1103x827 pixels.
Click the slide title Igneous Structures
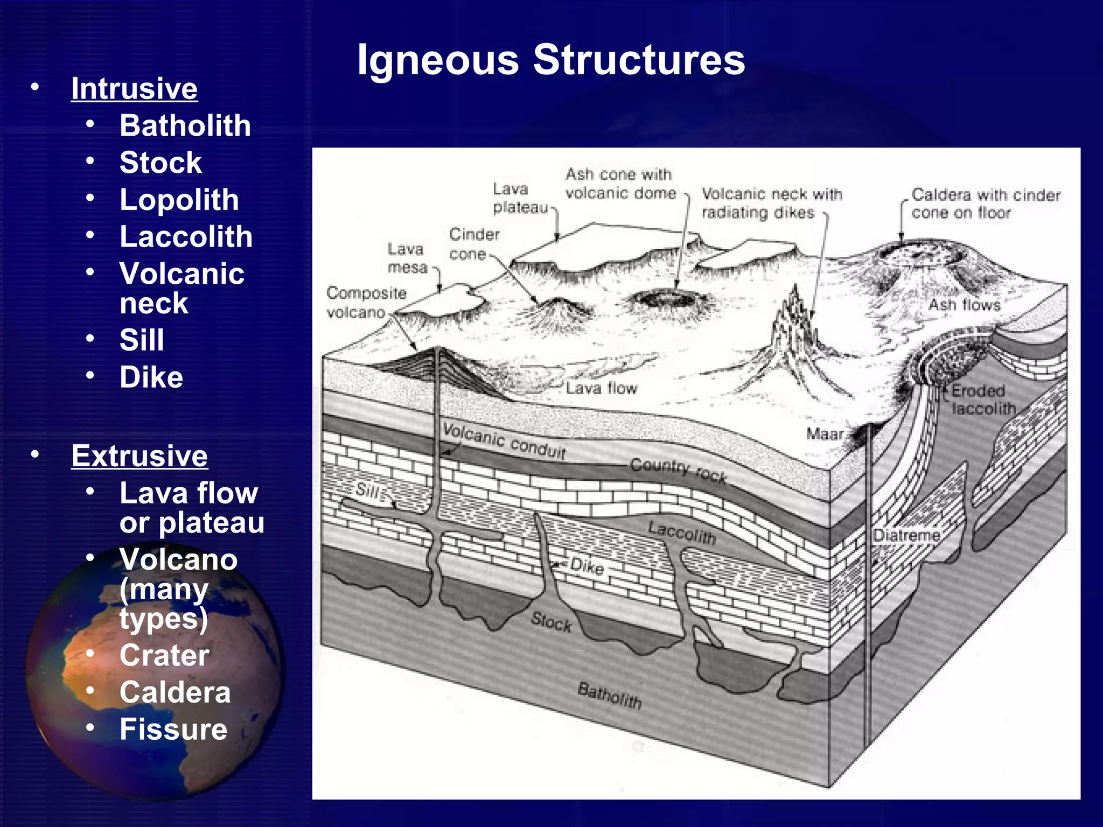(551, 60)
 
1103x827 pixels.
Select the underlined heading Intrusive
(134, 88)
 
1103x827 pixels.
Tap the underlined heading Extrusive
(139, 456)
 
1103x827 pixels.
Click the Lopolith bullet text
(179, 200)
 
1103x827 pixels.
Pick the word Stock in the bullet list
(160, 163)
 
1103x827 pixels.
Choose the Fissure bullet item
(173, 729)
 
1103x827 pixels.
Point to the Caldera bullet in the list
(175, 692)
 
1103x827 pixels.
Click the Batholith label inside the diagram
(609, 695)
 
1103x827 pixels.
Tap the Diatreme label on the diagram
(906, 535)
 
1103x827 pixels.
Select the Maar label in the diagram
(824, 433)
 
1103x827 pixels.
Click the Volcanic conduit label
(504, 441)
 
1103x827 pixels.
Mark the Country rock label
(678, 469)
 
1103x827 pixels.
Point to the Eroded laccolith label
(982, 400)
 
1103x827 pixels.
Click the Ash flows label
(964, 305)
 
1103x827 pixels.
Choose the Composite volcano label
(366, 303)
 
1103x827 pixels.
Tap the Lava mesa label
(407, 258)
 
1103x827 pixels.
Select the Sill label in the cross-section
(368, 490)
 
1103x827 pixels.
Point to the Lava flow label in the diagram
(601, 388)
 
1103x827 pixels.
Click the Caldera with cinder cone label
(985, 204)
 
